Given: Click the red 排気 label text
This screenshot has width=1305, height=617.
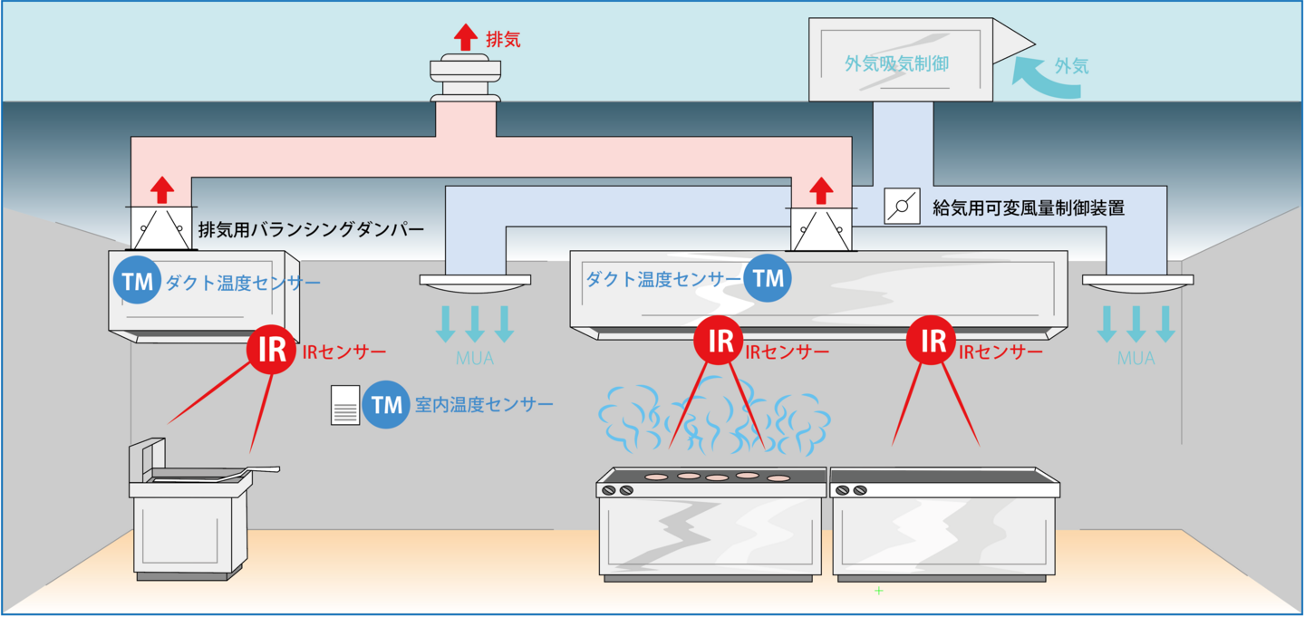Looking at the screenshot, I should pos(503,40).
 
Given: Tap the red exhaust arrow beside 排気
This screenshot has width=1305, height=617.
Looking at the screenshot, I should pos(465,37).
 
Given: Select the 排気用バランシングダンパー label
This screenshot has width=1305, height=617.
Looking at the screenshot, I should pos(311,229).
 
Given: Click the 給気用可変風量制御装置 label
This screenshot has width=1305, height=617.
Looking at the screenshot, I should pos(1029,208).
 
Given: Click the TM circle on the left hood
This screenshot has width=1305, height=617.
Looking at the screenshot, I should pos(138,282).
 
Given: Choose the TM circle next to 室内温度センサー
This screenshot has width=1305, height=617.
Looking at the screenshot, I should pos(386,405).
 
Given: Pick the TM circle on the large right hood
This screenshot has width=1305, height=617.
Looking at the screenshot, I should pos(768,278).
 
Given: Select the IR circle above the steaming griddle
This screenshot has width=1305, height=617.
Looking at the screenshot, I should pos(720,341).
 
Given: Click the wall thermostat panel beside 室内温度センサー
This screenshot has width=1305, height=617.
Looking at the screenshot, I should pos(346,405).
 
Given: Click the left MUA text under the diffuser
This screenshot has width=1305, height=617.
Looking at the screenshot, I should pos(475,359).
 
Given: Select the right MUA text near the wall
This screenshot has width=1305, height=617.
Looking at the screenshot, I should pos(1136,359).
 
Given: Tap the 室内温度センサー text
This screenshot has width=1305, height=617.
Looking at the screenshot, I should pos(484,405).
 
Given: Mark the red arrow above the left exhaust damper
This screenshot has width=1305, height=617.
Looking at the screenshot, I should pos(161,190).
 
